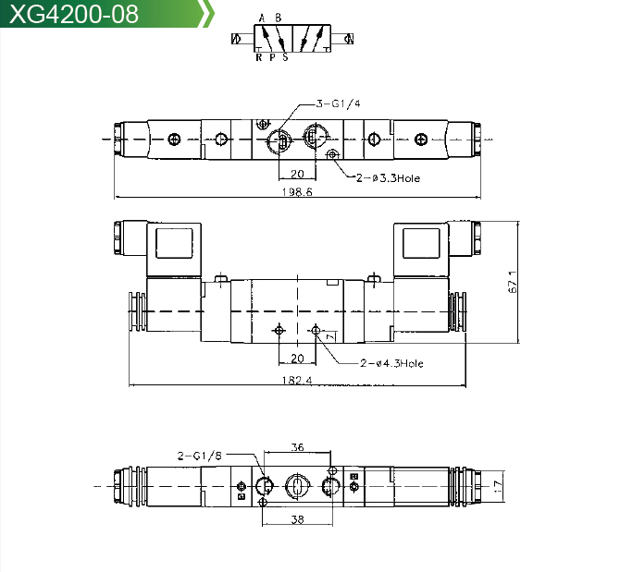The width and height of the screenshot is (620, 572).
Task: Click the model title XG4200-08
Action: pos(74,14)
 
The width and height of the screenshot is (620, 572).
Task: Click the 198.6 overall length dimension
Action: pos(297,192)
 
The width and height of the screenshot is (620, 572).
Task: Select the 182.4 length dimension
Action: pos(297,380)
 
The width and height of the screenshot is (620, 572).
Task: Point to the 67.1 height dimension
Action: pos(512,282)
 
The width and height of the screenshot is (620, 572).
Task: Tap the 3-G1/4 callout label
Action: pos(339,103)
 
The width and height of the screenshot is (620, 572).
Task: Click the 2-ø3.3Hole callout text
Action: pos(388,178)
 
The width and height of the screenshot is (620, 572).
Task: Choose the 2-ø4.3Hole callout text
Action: pos(391,363)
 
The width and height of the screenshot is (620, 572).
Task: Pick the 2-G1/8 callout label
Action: pos(200,456)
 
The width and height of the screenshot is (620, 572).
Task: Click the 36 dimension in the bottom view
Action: pos(297,447)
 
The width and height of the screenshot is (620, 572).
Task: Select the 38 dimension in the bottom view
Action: pos(297,519)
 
